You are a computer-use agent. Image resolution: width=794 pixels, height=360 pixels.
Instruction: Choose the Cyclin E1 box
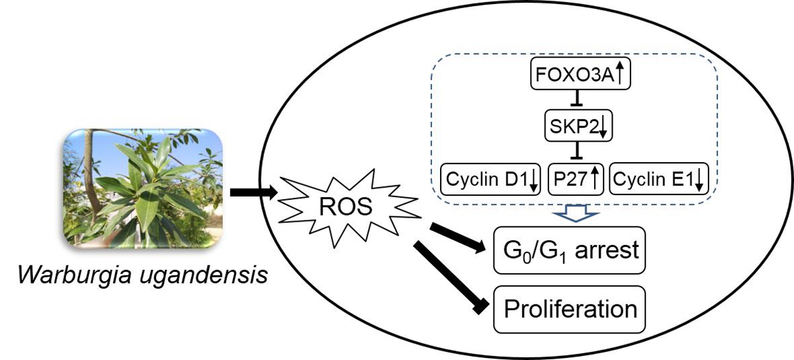point(659,179)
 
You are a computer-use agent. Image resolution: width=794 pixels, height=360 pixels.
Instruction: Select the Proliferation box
point(569,308)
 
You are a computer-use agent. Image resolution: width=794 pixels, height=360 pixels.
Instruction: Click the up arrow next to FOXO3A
point(621,72)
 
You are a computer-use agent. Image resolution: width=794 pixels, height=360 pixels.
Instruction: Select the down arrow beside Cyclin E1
point(700,181)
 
